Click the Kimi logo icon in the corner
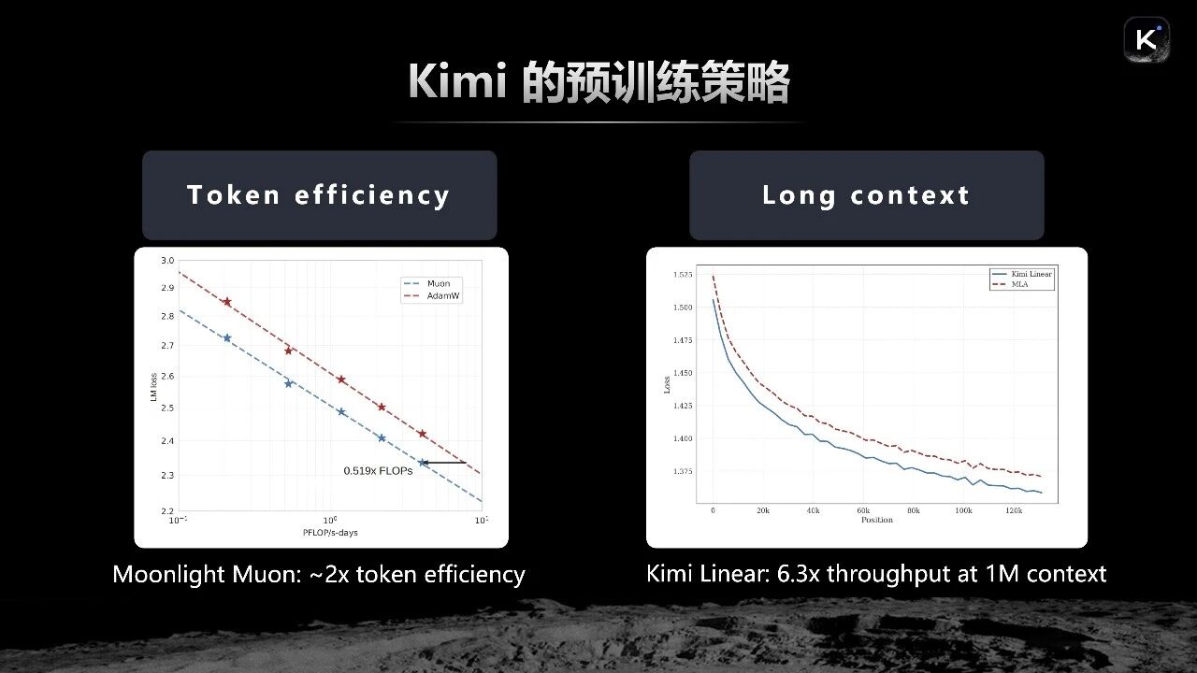1147,40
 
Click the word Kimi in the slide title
457,82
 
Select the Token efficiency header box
319,194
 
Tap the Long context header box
866,194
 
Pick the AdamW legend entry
443,296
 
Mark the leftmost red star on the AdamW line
226,302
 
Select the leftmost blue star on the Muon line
226,338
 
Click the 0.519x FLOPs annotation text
378,471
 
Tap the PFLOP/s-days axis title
330,532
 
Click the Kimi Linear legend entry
1031,274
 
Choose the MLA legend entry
1019,284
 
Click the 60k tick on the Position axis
863,510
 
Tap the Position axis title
876,520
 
